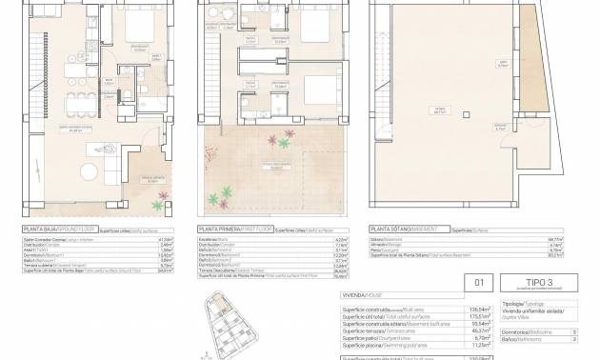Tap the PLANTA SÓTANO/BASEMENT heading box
coord(399,230)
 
